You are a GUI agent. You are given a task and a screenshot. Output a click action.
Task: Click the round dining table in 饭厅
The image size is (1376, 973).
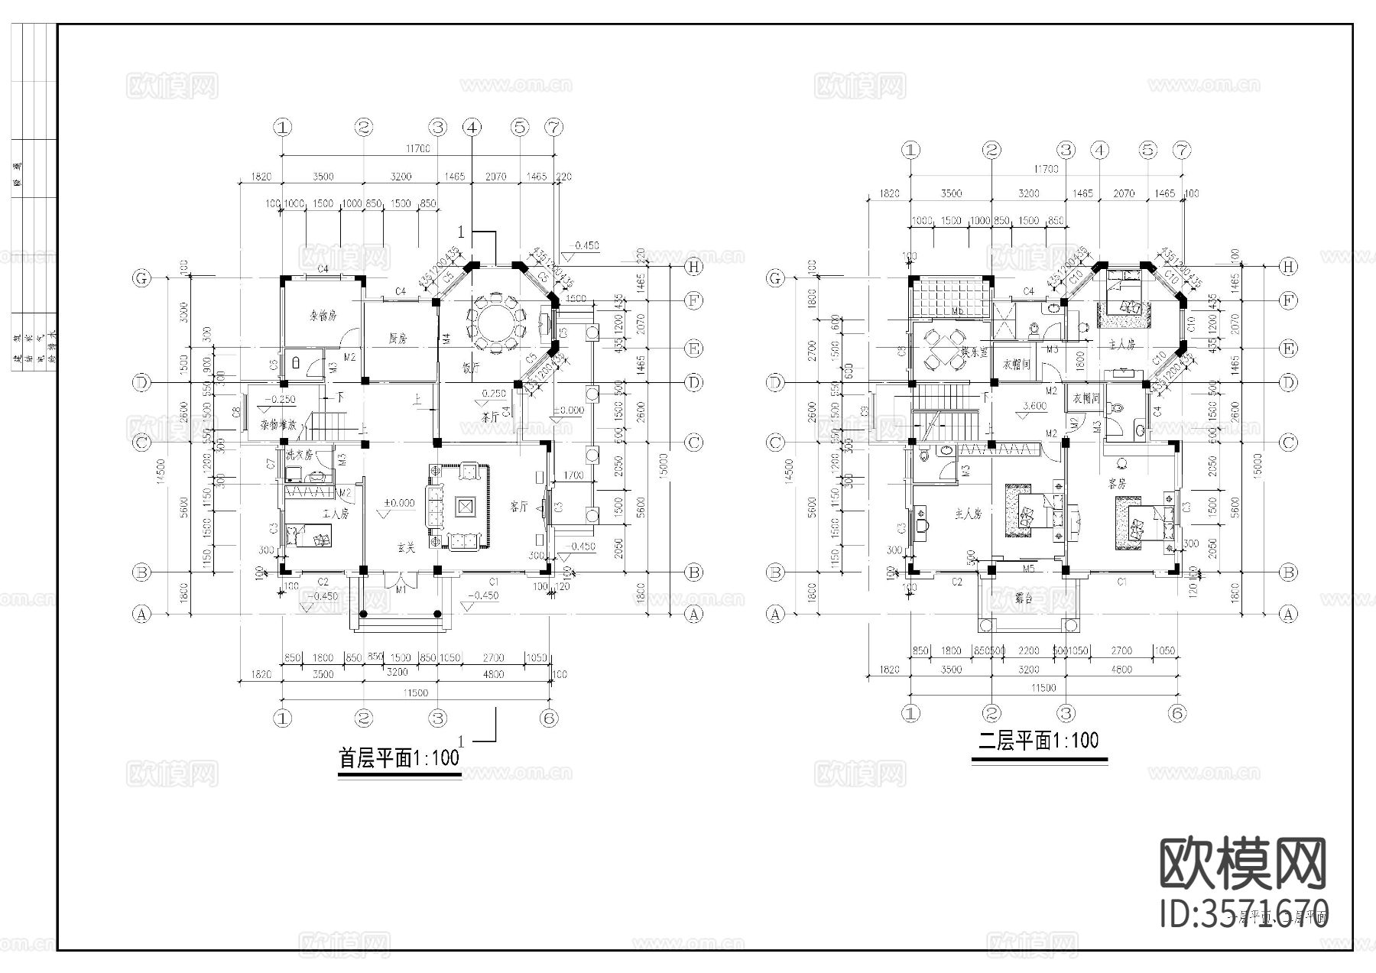pos(497,323)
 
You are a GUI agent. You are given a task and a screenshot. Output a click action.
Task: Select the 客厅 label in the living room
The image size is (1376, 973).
pos(520,506)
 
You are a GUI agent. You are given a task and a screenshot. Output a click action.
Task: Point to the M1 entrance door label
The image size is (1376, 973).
pos(400,589)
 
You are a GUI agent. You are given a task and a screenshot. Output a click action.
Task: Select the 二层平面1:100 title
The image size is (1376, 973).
pos(1039,741)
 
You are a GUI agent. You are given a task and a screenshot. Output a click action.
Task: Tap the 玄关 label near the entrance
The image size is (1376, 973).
pos(406,547)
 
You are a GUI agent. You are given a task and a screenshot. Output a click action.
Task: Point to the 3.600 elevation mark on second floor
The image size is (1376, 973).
pos(1034,407)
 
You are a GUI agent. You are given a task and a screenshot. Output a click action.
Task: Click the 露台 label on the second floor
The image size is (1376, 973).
pos(1024,598)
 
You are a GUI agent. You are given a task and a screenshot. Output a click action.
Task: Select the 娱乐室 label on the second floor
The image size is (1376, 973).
pos(975,353)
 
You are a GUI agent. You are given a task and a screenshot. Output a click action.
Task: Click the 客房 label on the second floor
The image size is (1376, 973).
pos(1118,484)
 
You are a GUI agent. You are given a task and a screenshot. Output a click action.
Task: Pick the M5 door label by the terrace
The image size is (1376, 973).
pos(1028,569)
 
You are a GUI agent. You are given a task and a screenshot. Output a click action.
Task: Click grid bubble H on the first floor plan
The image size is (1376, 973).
pos(694,267)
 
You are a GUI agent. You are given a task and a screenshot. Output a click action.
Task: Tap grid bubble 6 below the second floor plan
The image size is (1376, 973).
pos(1177,714)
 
